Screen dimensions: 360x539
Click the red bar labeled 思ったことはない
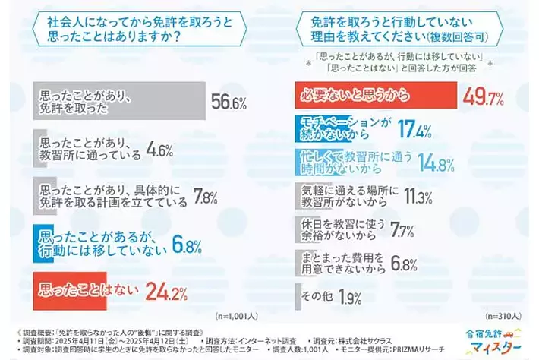click(68, 291)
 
